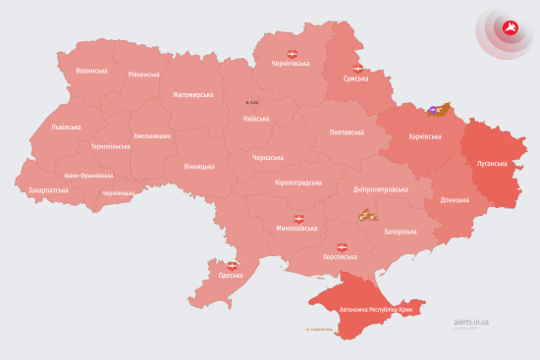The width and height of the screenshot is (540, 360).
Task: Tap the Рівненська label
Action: [143, 75]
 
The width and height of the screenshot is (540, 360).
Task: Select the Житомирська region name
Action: [192, 95]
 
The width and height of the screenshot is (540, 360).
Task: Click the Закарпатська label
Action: [48, 190]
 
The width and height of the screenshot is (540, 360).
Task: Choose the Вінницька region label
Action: [200, 166]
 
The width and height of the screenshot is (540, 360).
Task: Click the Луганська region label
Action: [493, 164]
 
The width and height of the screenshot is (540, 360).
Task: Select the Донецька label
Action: [455, 200]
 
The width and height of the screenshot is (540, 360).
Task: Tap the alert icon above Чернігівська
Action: [291, 52]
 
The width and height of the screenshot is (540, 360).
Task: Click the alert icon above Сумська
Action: [357, 68]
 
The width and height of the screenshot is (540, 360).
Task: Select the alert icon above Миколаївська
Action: [298, 219]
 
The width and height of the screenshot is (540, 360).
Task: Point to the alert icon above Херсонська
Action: [343, 246]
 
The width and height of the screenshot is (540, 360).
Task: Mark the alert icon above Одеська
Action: [233, 265]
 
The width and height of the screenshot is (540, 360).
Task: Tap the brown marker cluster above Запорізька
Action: [367, 215]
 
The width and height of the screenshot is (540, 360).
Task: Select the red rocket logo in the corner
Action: [510, 27]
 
